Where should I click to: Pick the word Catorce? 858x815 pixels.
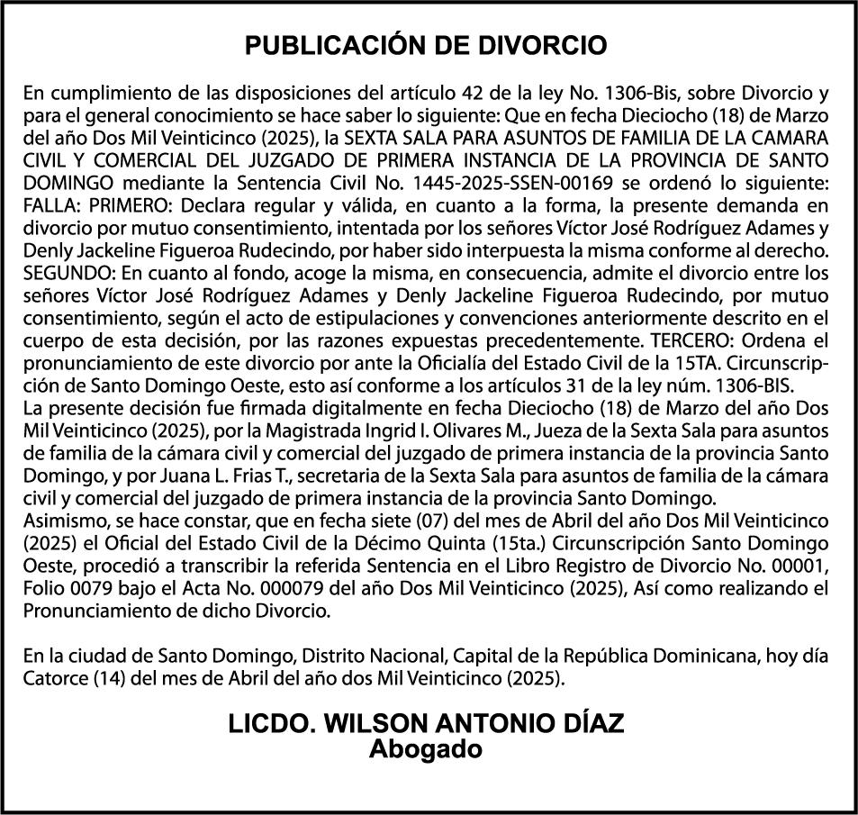pos(56,677)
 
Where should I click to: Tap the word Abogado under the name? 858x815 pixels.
pos(426,749)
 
